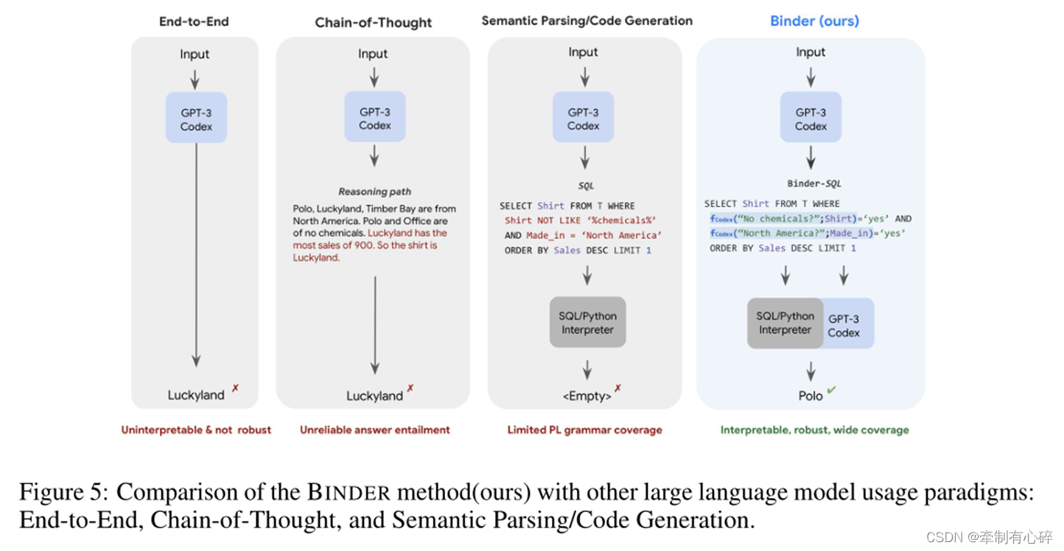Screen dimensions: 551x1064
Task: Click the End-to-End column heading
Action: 195,21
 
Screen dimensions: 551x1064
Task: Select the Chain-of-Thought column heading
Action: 374,22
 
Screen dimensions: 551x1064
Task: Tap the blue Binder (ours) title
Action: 814,21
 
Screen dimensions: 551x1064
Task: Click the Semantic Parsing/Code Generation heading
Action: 587,21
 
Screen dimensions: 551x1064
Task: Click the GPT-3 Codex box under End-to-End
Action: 196,119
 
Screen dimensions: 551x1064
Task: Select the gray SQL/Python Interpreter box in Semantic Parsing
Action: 587,323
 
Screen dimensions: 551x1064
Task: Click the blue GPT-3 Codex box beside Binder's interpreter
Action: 845,325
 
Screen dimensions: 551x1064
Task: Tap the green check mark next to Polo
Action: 831,390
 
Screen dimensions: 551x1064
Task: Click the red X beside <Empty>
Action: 618,389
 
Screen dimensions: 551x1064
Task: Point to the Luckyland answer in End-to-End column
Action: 195,396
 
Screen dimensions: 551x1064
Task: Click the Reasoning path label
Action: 374,192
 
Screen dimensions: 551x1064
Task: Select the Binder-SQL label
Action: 813,183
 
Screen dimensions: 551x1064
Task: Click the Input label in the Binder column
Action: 811,52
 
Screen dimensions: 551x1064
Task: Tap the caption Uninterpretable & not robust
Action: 196,430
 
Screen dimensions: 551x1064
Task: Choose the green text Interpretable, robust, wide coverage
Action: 814,430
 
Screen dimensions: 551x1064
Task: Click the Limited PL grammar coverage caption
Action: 584,430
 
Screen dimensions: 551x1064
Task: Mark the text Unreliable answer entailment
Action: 374,430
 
